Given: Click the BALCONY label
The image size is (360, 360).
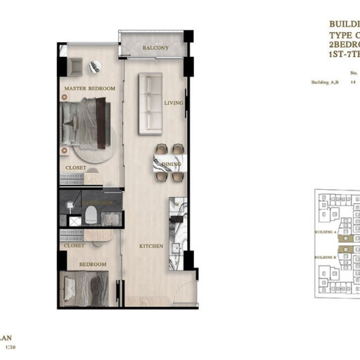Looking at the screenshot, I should coord(155,48).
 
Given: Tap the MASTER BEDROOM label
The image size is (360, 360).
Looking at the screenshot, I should coord(90,89).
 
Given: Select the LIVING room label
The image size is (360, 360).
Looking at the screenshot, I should coord(174,103).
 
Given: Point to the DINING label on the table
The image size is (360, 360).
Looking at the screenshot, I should coord(171,165).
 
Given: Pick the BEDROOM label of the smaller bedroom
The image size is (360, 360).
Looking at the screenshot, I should coord(92,264).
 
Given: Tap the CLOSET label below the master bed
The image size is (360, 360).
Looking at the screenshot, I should coord(76,167).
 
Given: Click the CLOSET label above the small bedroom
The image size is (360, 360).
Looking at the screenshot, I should coord(74,246).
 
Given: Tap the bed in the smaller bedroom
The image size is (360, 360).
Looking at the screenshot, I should coord(89,288).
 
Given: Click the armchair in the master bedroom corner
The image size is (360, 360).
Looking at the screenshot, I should coord(75,67).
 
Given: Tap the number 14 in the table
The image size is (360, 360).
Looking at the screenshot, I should coord(345,82).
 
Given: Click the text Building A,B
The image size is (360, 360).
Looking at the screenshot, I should coord(323,82).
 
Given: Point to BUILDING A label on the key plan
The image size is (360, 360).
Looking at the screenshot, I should coord(325,231).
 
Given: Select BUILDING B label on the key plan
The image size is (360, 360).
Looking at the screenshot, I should coord(325,257).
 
